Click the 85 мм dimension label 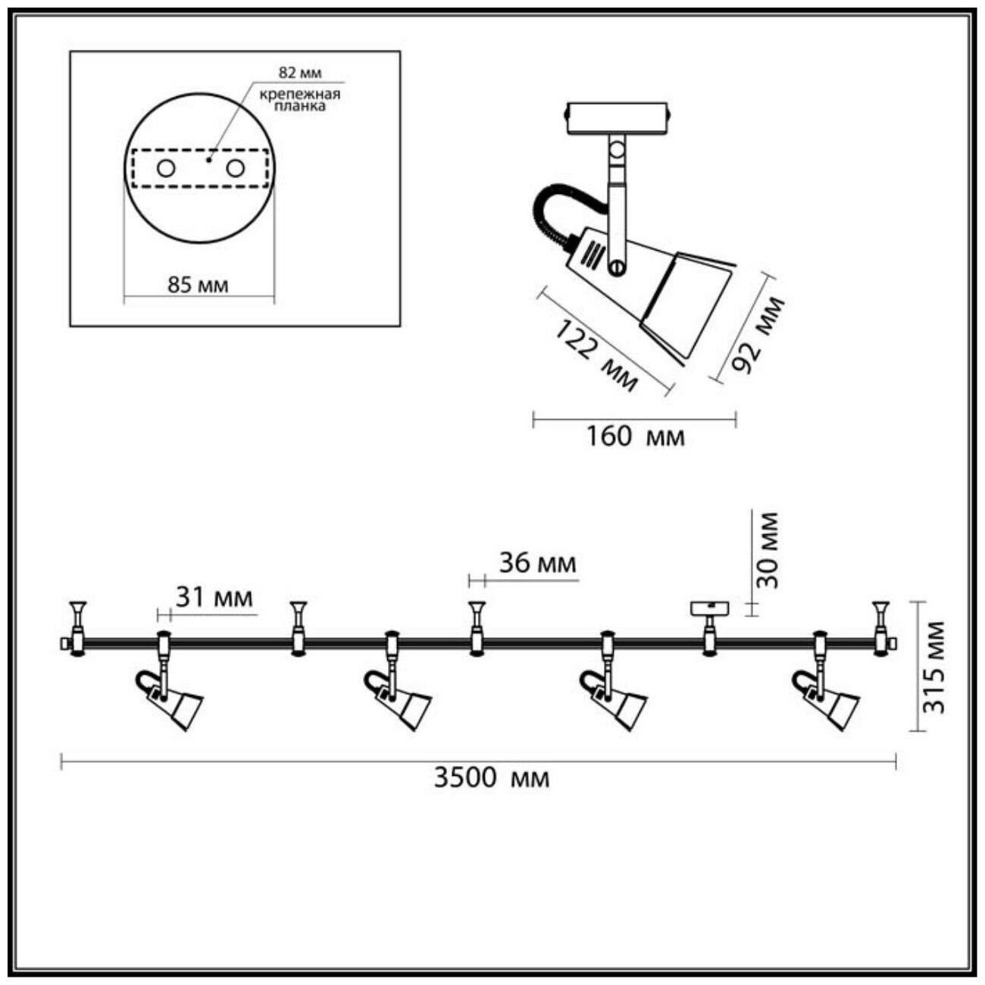[197, 286]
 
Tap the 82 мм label [300, 73]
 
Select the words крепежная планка [300, 100]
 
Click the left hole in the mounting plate [165, 168]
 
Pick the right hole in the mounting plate [236, 168]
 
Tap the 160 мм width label [635, 437]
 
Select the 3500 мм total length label [491, 778]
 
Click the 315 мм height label [937, 667]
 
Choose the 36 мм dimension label [537, 563]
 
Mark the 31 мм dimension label [214, 598]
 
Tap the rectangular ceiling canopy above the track [709, 608]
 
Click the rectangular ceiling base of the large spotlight [617, 118]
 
